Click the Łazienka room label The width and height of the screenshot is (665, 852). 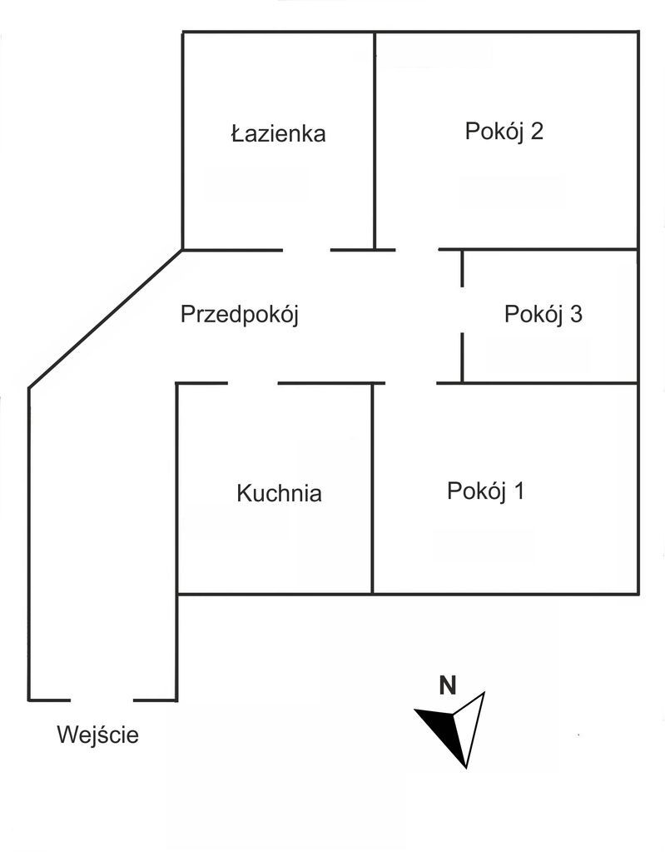point(278,133)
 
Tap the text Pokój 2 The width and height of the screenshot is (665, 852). point(504,132)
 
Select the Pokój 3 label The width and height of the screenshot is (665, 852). point(543,315)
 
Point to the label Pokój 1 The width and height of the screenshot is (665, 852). point(485,491)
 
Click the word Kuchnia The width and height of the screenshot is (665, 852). point(279,493)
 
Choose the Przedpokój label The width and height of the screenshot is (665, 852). point(239,315)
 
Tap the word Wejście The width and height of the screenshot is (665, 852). point(97,735)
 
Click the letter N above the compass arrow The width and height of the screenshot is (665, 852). point(448,686)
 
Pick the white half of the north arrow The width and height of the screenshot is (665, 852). point(470,725)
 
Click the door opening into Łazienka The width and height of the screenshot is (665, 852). point(306,249)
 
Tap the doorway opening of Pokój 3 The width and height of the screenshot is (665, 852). point(462,309)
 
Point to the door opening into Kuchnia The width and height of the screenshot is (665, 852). point(252,383)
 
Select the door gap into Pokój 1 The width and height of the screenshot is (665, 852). point(411,383)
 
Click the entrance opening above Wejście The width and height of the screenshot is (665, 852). point(102,700)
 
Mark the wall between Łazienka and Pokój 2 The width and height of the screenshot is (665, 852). point(375,142)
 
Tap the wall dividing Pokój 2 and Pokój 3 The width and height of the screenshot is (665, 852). point(549,249)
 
